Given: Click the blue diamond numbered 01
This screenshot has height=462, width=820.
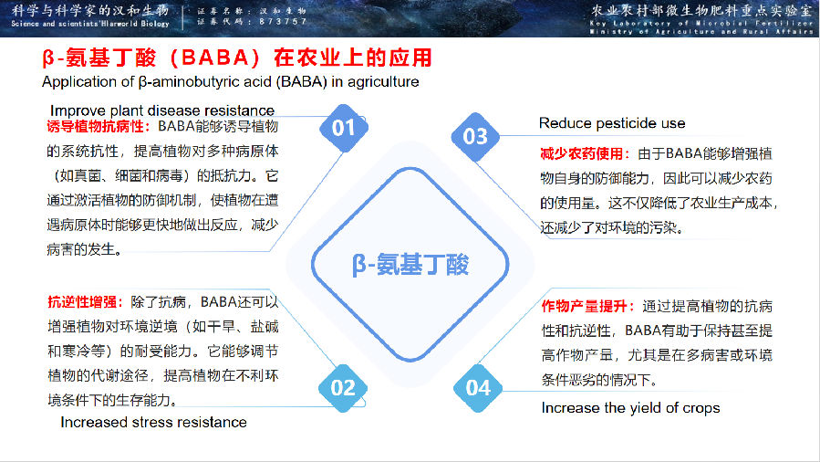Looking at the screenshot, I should (x=343, y=128).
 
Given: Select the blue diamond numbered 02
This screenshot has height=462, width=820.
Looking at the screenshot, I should (x=343, y=387).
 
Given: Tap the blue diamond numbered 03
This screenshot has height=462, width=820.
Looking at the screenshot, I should (x=476, y=137).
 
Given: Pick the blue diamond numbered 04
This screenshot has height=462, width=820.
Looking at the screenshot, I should (x=478, y=387).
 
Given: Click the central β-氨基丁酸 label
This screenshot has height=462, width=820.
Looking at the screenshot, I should (x=410, y=265).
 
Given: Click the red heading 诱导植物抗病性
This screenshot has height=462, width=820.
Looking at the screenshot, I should (x=100, y=126).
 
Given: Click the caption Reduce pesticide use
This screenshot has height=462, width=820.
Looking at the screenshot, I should (x=611, y=123).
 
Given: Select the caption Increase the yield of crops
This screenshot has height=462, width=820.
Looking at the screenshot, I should (x=630, y=407).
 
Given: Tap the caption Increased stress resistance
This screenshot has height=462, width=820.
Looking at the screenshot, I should (x=153, y=422).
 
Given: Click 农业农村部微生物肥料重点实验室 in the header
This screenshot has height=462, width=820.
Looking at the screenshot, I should (x=701, y=10).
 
